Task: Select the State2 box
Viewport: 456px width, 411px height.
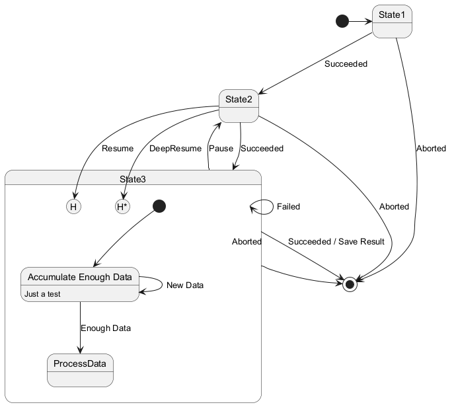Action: click(x=239, y=106)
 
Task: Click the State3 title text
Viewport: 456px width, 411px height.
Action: click(x=133, y=179)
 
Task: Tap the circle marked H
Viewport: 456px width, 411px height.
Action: click(x=74, y=207)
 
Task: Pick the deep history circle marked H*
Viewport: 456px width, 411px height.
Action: click(x=122, y=207)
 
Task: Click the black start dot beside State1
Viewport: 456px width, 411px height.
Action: click(x=342, y=22)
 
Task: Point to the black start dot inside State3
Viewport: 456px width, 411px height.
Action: click(x=159, y=206)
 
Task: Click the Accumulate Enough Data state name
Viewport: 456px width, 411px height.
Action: click(x=79, y=277)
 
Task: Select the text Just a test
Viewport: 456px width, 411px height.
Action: click(x=42, y=294)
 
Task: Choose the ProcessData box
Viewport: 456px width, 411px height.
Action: click(x=80, y=370)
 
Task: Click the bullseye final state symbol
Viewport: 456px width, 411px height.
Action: click(x=350, y=283)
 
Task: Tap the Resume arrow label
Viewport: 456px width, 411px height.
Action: click(x=118, y=149)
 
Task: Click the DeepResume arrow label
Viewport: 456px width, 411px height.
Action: click(x=175, y=149)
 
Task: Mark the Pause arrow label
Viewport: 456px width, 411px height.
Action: click(x=221, y=149)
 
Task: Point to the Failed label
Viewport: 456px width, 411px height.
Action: click(x=288, y=207)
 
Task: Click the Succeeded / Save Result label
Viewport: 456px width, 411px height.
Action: click(x=336, y=242)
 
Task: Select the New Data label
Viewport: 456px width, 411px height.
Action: click(x=185, y=285)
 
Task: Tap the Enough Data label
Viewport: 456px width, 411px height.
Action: click(x=106, y=328)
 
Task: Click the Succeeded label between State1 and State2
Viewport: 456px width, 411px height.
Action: click(x=346, y=65)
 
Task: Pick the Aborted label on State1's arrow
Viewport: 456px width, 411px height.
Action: click(x=430, y=149)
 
